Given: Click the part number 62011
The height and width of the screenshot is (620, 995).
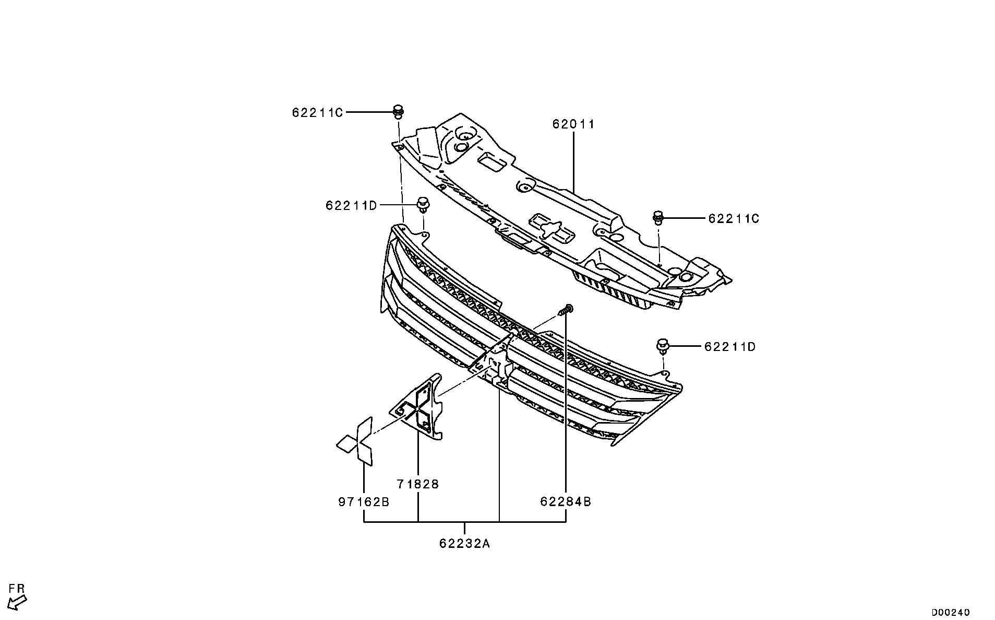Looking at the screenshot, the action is click(573, 124).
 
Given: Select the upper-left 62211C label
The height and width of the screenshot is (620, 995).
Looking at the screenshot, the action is click(317, 112).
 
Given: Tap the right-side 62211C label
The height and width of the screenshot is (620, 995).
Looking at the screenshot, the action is click(733, 218).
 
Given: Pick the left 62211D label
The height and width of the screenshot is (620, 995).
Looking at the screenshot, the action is click(351, 206).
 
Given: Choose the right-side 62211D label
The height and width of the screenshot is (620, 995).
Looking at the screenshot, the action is click(729, 347).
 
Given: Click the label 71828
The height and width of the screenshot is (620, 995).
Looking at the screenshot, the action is click(417, 484).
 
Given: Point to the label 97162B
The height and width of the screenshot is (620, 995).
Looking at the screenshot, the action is click(364, 502).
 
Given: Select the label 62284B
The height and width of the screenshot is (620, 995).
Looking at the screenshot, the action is click(566, 502).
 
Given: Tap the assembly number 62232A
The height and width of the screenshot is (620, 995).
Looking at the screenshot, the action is click(464, 544).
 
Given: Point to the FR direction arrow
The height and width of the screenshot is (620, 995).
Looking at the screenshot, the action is click(18, 603).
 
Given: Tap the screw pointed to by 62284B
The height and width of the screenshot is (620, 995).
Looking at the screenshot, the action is click(565, 310).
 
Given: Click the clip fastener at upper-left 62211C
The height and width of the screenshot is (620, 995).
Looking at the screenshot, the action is click(398, 111).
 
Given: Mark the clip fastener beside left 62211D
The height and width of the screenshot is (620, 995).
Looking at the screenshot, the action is click(422, 205).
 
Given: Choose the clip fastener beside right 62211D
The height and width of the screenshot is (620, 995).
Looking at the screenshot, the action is click(663, 346).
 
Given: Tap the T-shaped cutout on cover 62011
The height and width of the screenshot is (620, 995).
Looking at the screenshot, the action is click(550, 228).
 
